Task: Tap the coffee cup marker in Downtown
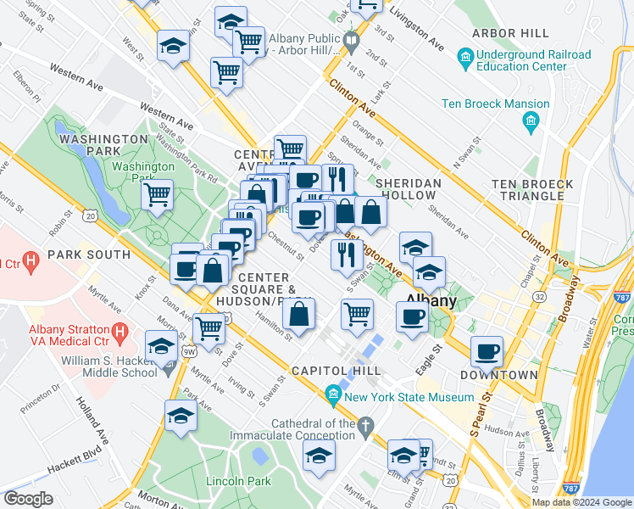pyautogui.click(x=487, y=350)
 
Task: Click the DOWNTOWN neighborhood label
pyautogui.click(x=498, y=374)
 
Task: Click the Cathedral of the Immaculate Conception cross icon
pyautogui.click(x=365, y=424)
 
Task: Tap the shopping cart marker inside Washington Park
pyautogui.click(x=158, y=195)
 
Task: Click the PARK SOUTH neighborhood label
pyautogui.click(x=89, y=255)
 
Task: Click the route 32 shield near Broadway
pyautogui.click(x=539, y=297)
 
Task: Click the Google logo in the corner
pyautogui.click(x=28, y=499)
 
